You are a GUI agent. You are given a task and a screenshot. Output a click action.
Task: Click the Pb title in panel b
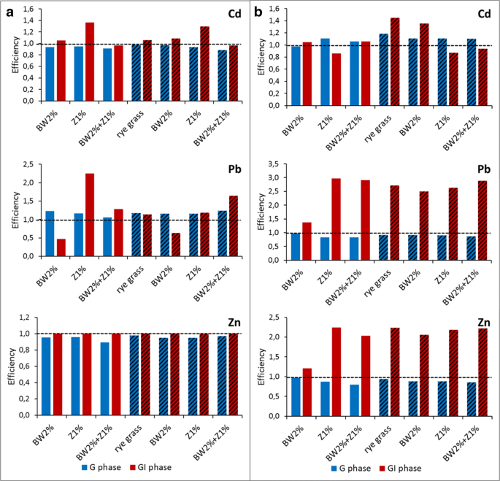pyautogui.click(x=484, y=169)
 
